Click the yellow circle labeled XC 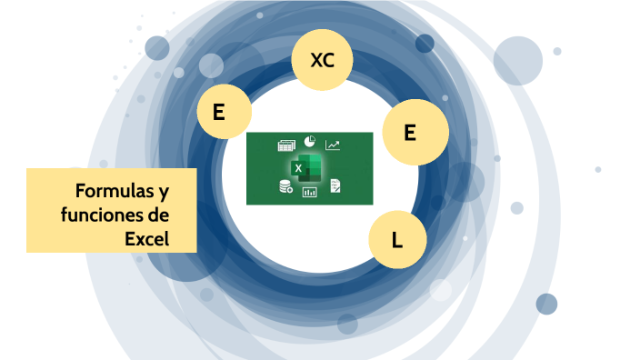click(322, 62)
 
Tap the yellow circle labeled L click(396, 239)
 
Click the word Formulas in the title click(108, 192)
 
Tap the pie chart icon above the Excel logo click(309, 143)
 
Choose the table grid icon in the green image click(286, 145)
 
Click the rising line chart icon click(333, 145)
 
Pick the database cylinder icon click(286, 187)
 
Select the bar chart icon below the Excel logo click(309, 192)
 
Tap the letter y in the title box click(163, 193)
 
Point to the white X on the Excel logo click(298, 168)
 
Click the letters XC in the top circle click(322, 62)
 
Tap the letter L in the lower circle click(396, 240)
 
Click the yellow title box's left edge click(28, 210)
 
